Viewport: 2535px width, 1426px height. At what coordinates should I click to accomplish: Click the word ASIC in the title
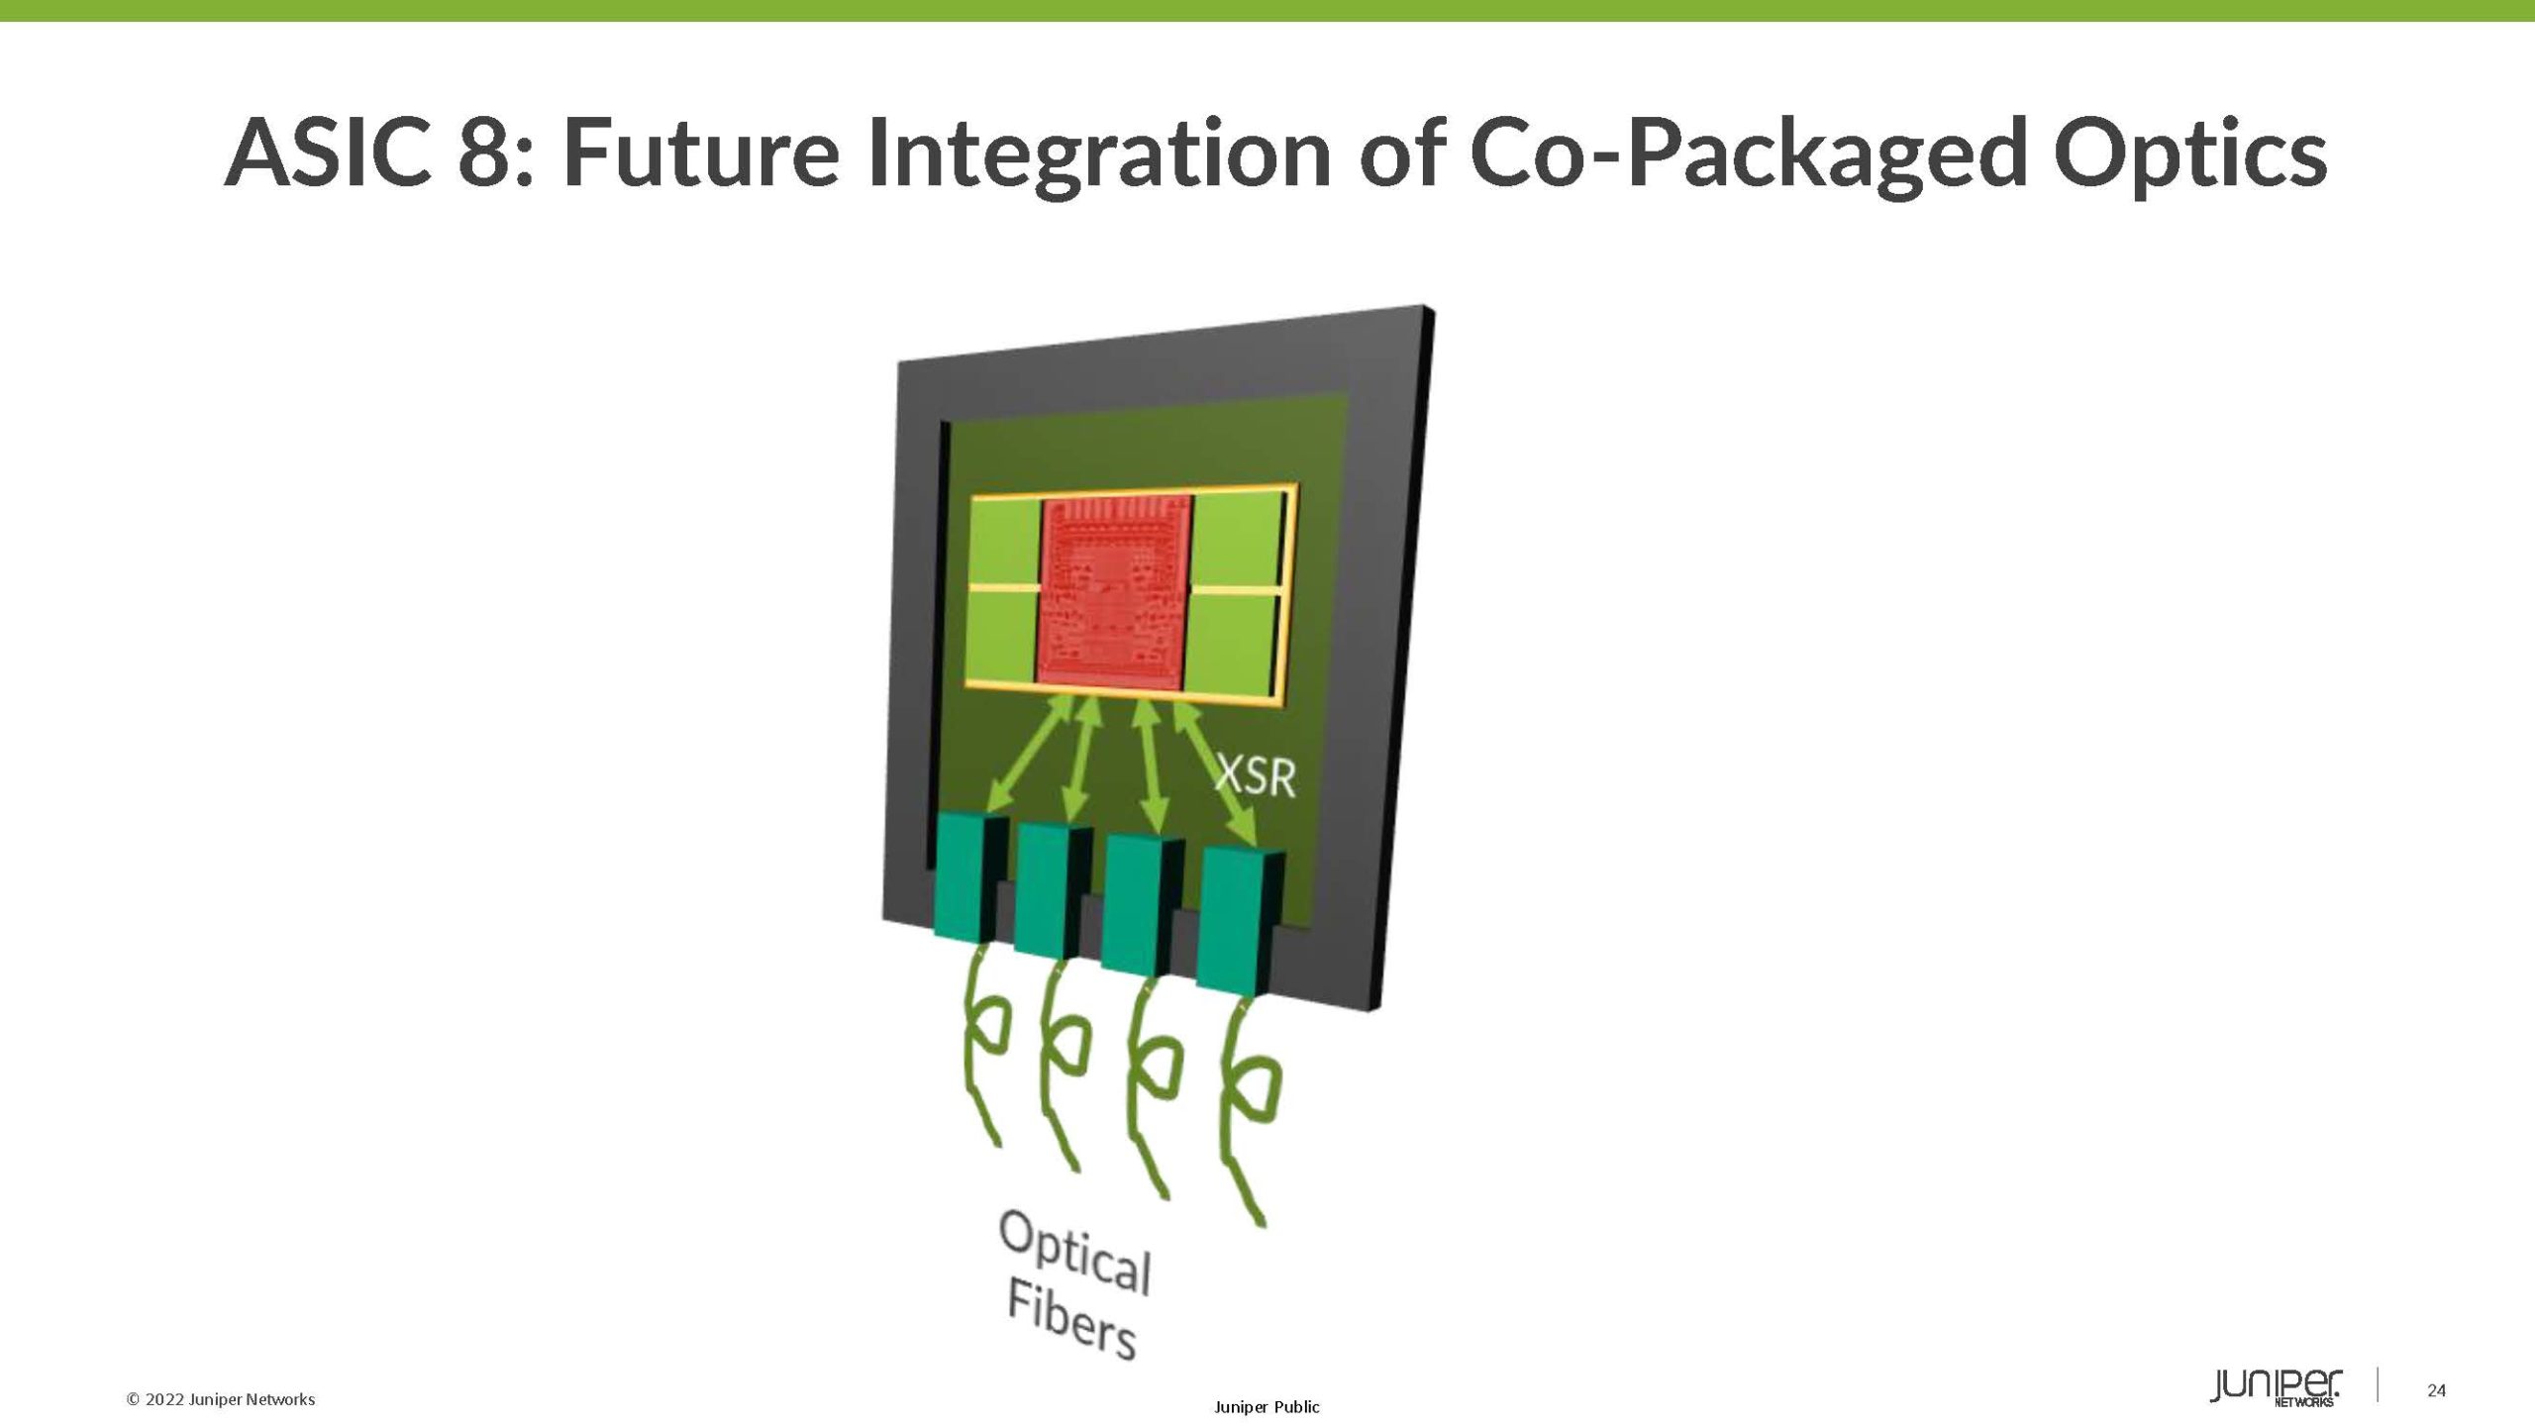tap(328, 153)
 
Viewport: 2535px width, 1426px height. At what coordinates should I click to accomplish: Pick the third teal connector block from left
tap(1135, 904)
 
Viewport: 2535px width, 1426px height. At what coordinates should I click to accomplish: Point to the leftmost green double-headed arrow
tap(1030, 758)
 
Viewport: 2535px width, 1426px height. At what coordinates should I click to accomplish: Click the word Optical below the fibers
tap(1074, 1253)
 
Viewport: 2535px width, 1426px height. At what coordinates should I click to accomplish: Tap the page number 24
tap(2437, 1390)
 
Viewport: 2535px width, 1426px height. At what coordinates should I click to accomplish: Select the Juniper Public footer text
tap(1267, 1407)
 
